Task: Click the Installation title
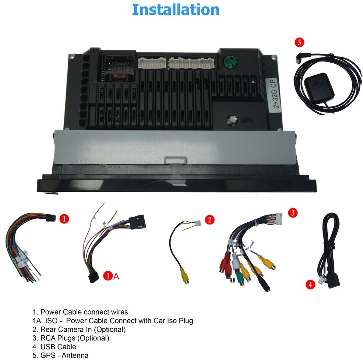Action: tap(175, 10)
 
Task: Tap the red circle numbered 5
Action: tap(299, 43)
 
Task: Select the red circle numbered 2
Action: tap(209, 220)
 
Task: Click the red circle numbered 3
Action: tap(292, 213)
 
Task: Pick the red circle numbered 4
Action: tap(310, 284)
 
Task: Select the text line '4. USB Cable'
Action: tap(54, 346)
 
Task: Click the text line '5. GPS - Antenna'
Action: tap(60, 355)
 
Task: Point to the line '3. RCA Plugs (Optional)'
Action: tap(70, 338)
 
